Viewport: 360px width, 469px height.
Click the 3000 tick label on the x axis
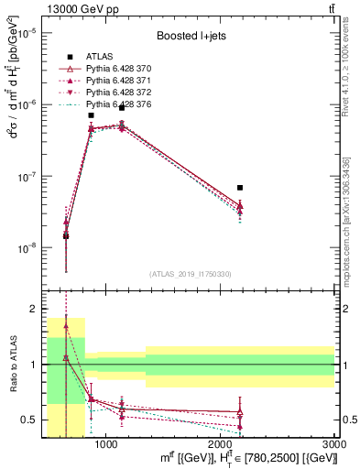click(x=333, y=444)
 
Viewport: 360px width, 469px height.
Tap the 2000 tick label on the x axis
click(x=220, y=444)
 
